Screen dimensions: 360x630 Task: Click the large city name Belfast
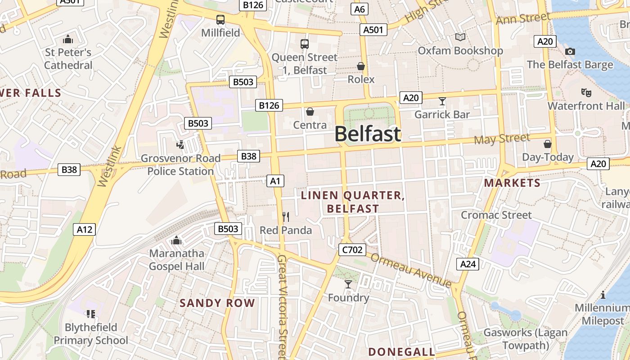(x=367, y=134)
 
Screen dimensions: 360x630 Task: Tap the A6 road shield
(x=360, y=9)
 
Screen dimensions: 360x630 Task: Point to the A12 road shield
(x=84, y=229)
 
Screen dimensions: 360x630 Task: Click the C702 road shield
(x=352, y=250)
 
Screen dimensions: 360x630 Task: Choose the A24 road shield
(x=468, y=264)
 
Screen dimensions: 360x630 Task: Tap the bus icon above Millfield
(x=220, y=20)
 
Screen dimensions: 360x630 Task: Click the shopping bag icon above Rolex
(x=361, y=67)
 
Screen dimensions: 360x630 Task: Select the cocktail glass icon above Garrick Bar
(x=442, y=101)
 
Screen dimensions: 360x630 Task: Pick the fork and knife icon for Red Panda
(x=286, y=217)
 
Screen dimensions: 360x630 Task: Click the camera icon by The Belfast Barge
(x=570, y=52)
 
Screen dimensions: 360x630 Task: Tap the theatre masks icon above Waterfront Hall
(x=586, y=93)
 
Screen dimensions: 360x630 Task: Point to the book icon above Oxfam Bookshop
(x=460, y=37)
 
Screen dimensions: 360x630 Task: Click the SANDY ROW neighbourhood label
(x=217, y=303)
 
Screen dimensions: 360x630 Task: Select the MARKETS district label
(x=512, y=183)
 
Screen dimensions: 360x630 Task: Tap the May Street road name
(x=501, y=139)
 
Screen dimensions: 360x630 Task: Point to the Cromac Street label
(x=496, y=215)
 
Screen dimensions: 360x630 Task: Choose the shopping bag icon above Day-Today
(x=548, y=144)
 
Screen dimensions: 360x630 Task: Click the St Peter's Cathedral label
(x=68, y=58)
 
